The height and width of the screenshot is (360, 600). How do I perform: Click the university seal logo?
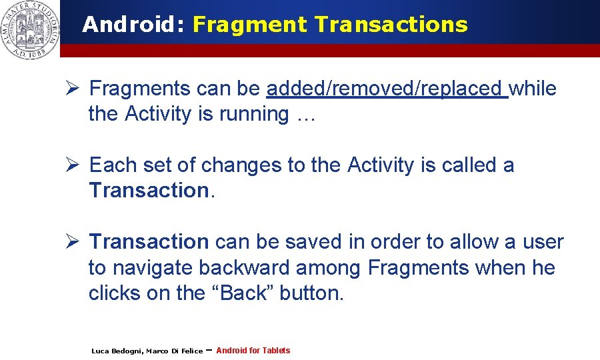tap(29, 30)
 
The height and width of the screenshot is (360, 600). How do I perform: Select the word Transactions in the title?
tap(391, 25)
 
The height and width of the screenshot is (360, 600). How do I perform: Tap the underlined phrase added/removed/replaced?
tap(387, 89)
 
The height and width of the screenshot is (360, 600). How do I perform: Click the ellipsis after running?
tap(305, 115)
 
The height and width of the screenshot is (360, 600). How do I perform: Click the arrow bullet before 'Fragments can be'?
tap(74, 88)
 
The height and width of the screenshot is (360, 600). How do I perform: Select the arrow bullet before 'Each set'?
tap(74, 165)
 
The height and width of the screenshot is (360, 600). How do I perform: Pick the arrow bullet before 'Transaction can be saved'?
tap(74, 241)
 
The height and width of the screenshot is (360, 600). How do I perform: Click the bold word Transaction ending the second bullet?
tap(149, 191)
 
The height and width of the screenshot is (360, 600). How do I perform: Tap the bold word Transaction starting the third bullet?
tap(149, 241)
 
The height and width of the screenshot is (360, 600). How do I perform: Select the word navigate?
tap(153, 268)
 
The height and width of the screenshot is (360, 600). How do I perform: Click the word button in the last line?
tap(311, 293)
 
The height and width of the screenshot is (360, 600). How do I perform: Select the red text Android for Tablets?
tap(253, 351)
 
